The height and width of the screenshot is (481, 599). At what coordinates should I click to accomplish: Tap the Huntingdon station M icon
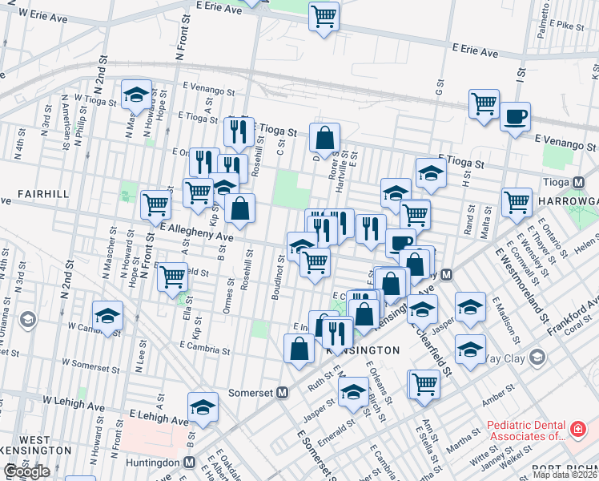(189, 463)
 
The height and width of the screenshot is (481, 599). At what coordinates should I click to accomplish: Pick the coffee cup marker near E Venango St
(515, 117)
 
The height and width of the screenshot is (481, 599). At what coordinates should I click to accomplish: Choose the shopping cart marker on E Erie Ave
(324, 15)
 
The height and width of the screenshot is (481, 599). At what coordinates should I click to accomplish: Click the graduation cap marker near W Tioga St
(136, 95)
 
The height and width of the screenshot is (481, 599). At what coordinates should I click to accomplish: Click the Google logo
(26, 472)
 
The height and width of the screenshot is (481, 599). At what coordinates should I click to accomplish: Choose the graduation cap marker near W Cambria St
(107, 316)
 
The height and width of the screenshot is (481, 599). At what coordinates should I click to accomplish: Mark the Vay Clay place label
(508, 358)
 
